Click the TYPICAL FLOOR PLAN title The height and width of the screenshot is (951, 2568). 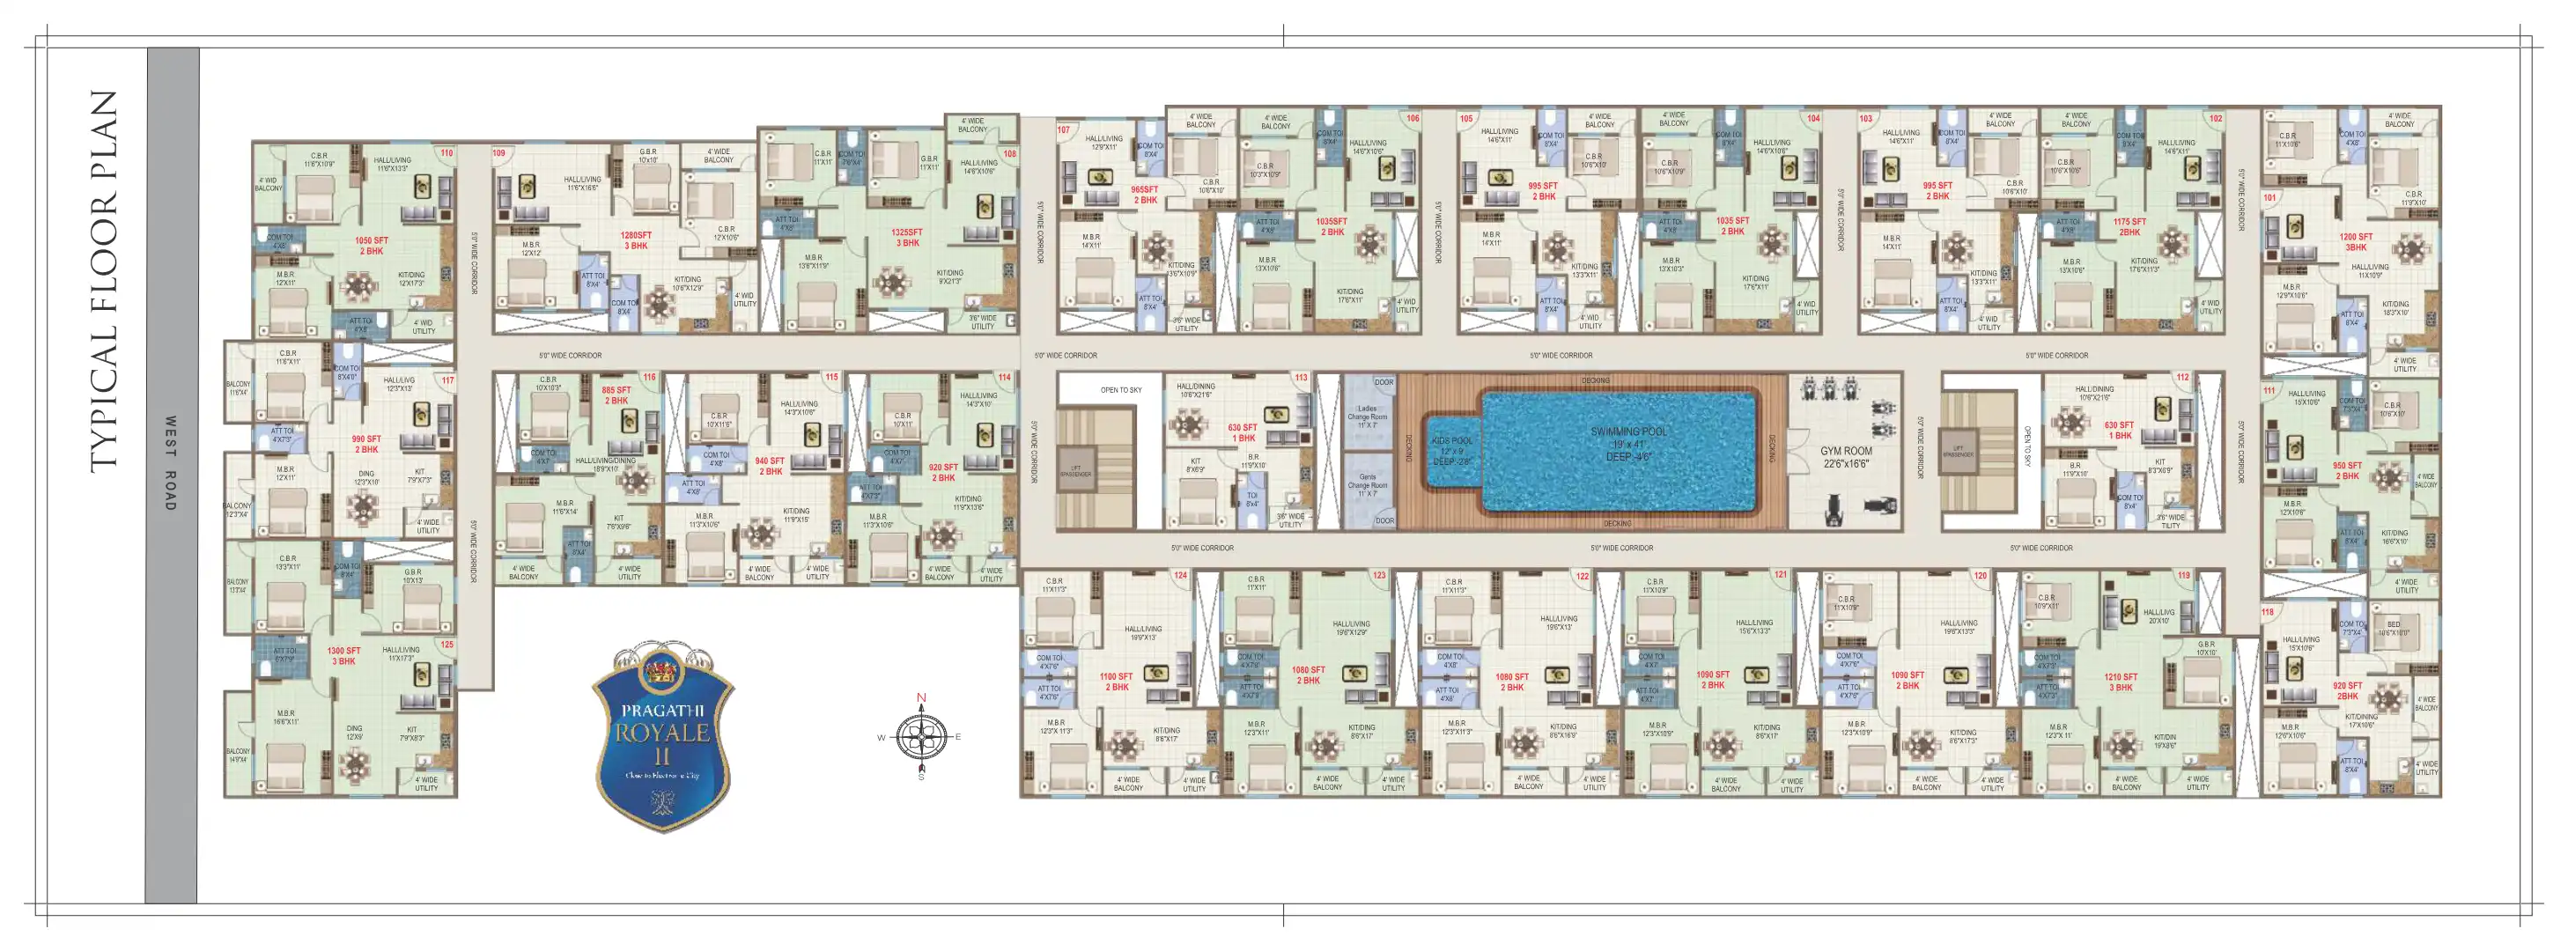(x=104, y=281)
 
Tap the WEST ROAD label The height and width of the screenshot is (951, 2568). (x=171, y=463)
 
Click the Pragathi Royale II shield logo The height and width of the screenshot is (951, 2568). (x=663, y=739)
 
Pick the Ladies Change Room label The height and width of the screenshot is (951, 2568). (x=1367, y=417)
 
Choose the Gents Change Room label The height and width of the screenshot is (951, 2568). (x=1367, y=484)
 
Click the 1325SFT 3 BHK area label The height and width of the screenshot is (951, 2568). (x=907, y=237)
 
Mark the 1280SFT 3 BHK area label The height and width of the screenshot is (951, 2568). (x=636, y=240)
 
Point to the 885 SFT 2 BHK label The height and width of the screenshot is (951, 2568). (x=616, y=395)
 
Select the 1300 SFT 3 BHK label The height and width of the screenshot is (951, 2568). (x=344, y=656)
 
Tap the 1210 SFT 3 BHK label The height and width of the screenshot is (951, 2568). (x=2121, y=682)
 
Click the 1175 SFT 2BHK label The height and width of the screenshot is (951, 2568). (x=2129, y=227)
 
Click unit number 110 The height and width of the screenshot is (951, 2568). (x=446, y=153)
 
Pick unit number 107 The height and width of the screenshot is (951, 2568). (x=1064, y=130)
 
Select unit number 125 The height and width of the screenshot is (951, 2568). (x=446, y=645)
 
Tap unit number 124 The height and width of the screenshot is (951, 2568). (x=1180, y=576)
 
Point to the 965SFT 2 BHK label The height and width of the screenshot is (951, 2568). (x=1145, y=195)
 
